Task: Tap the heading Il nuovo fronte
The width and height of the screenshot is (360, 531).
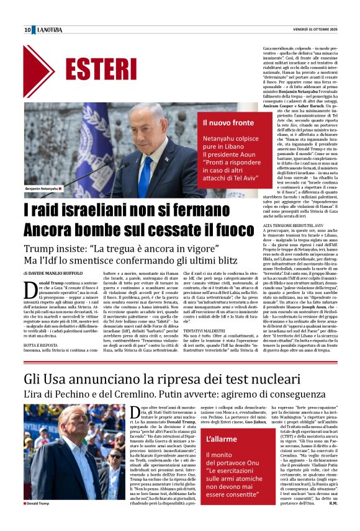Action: (228, 122)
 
